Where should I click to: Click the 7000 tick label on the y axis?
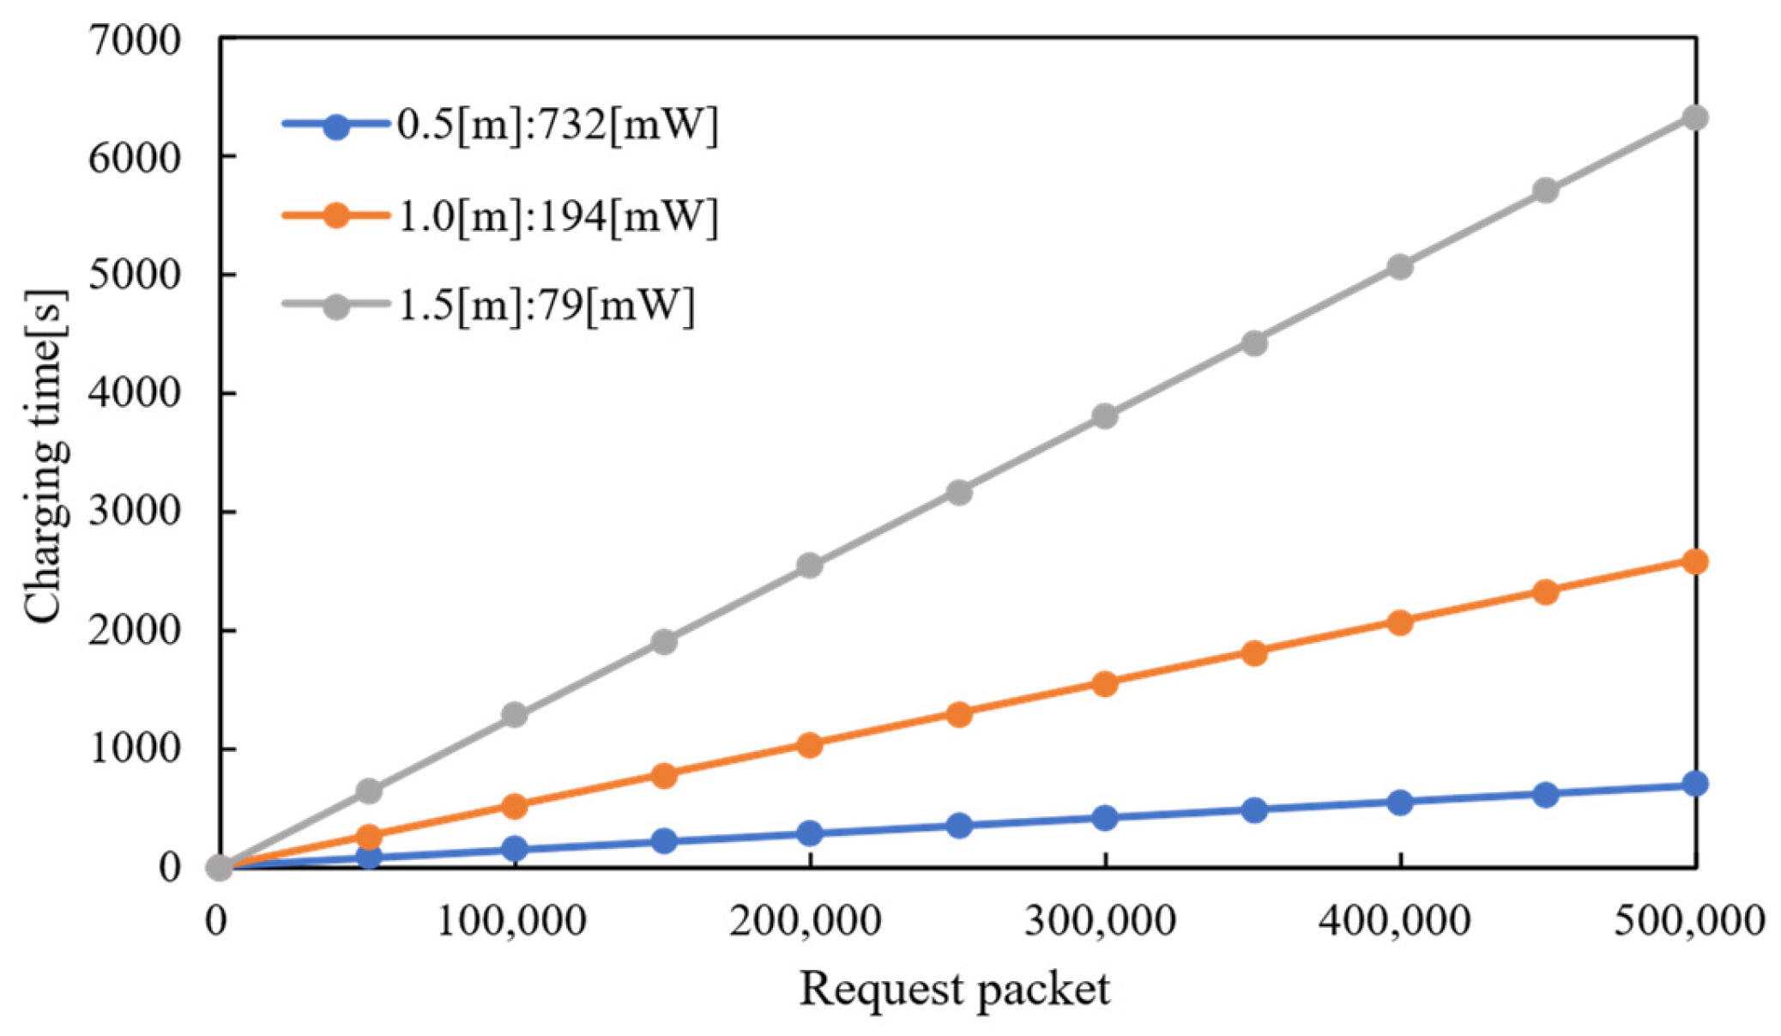click(x=135, y=39)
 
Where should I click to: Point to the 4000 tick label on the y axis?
click(x=135, y=394)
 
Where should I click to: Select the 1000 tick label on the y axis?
click(x=135, y=749)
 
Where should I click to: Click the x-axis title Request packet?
click(x=954, y=989)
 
